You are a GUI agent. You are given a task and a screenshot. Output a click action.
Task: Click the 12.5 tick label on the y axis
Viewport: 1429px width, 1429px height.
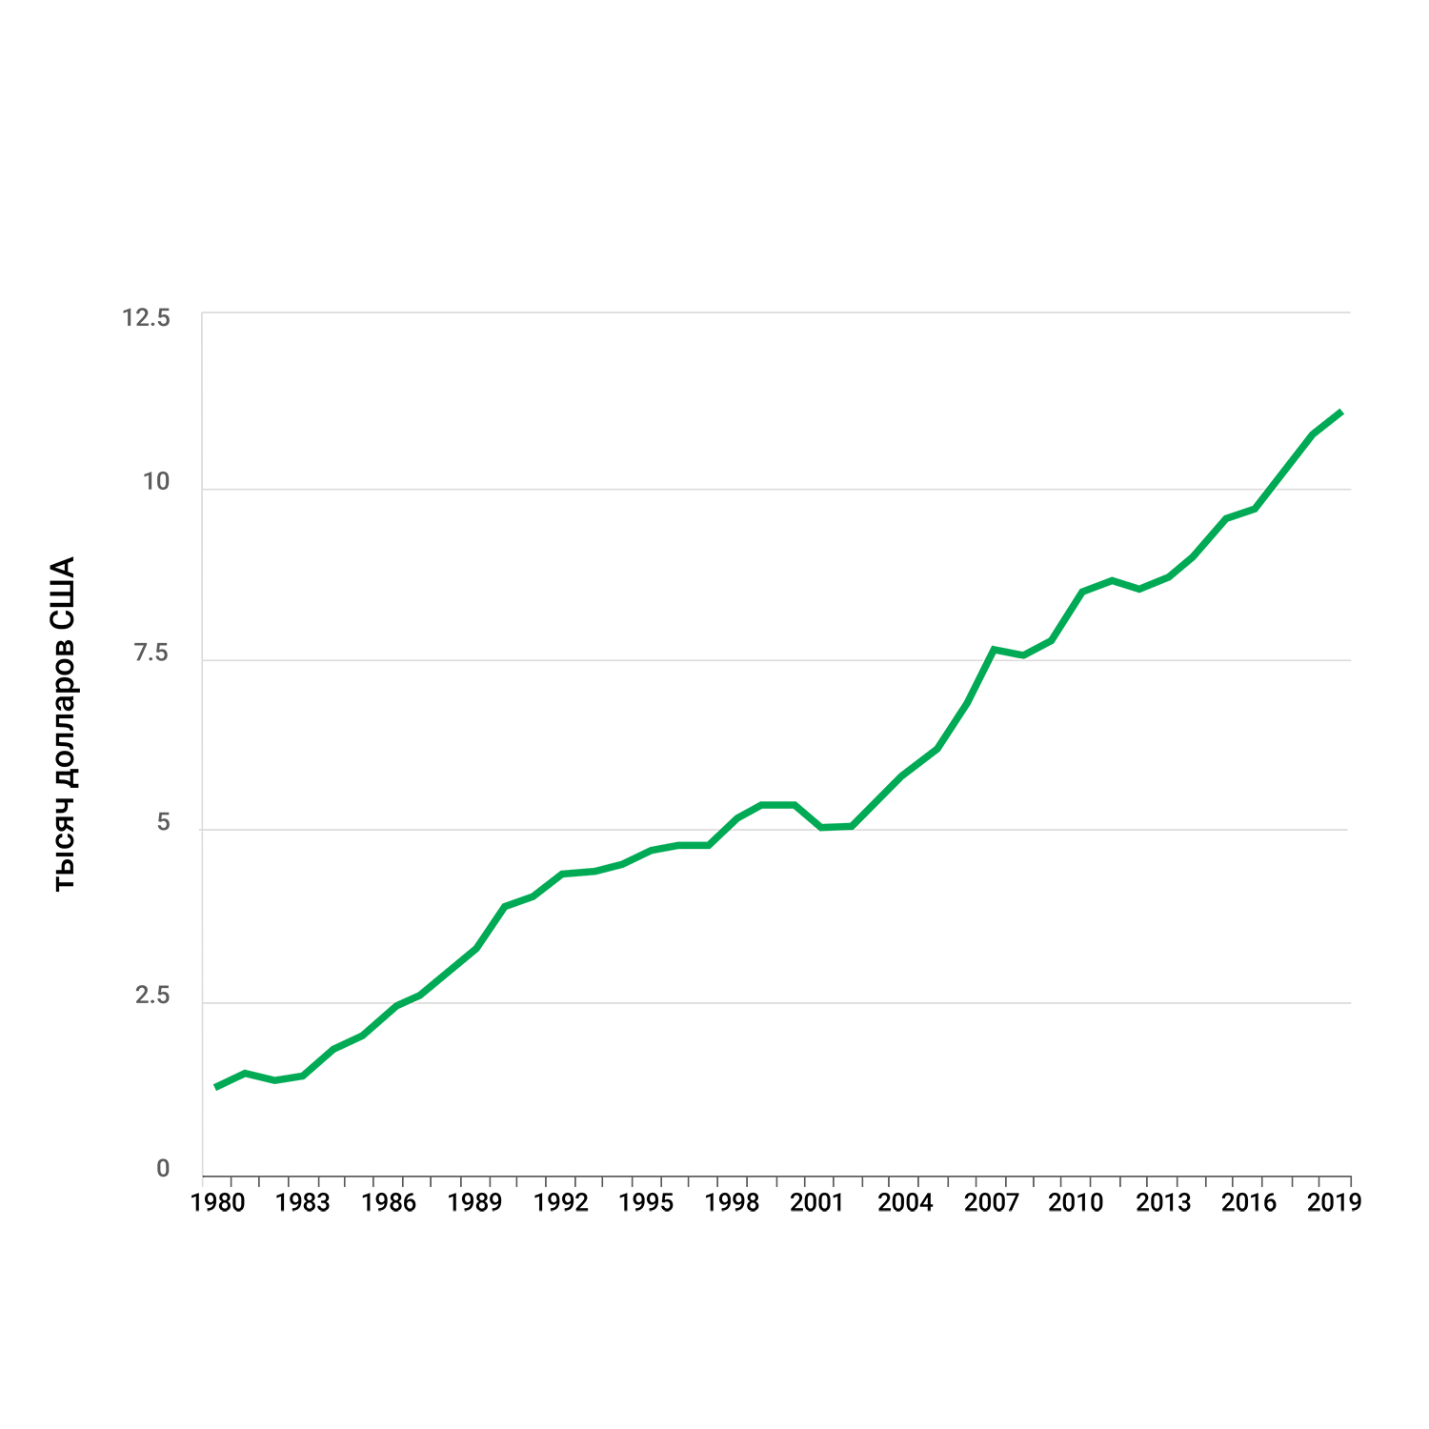pos(146,317)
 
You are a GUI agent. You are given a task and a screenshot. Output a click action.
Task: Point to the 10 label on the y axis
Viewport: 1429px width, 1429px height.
pos(156,481)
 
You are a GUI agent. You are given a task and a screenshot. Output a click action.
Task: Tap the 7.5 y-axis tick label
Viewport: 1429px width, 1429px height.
pos(151,653)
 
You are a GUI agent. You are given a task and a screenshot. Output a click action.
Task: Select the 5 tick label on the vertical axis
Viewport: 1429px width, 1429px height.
pos(163,822)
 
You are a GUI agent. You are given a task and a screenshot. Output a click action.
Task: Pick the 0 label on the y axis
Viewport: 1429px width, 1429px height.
pos(163,1169)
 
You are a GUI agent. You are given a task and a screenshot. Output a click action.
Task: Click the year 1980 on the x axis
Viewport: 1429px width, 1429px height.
pos(217,1202)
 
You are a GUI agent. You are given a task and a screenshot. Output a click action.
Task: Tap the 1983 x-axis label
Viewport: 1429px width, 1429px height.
pos(302,1202)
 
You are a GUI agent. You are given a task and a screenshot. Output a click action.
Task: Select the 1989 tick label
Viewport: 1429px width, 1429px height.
pos(474,1202)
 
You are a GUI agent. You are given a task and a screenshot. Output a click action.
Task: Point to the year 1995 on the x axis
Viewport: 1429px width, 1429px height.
pos(646,1202)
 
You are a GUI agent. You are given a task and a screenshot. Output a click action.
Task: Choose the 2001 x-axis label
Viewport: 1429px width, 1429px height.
pos(817,1202)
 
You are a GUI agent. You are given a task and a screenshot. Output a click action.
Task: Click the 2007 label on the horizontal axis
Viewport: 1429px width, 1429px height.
pos(991,1202)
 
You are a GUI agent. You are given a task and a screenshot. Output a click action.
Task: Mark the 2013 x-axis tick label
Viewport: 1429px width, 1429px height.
pos(1163,1202)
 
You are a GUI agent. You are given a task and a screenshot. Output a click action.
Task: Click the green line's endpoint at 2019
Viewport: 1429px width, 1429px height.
pos(1341,412)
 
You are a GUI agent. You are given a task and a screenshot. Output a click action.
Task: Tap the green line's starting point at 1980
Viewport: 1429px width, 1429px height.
pos(216,1087)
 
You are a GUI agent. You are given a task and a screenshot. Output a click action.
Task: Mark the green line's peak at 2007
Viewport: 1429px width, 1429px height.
pos(993,650)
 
